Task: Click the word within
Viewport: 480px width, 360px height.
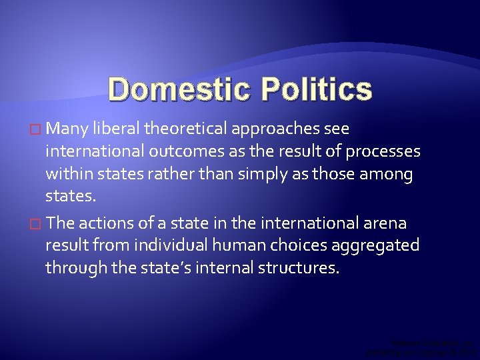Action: pos(70,175)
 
